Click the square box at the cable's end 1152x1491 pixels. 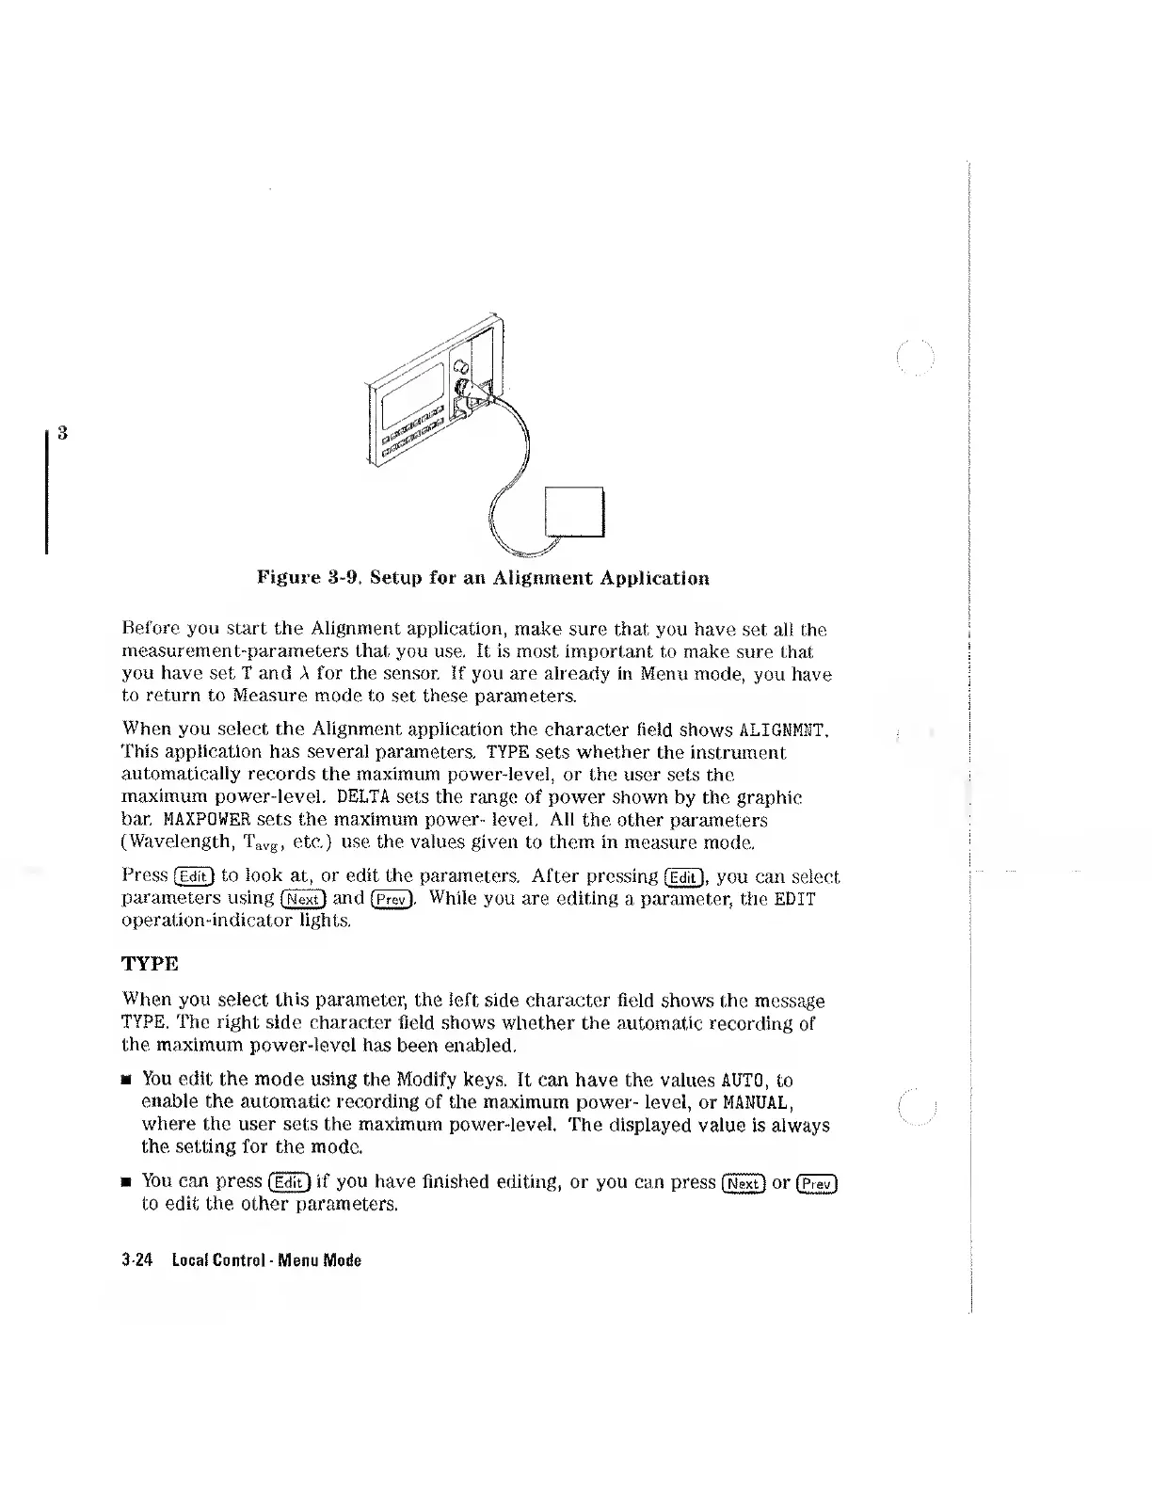pyautogui.click(x=574, y=512)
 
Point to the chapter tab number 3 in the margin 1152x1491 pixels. pyautogui.click(x=61, y=433)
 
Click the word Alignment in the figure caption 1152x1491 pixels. pyautogui.click(x=542, y=578)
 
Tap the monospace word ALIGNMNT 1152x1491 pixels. pyautogui.click(x=783, y=729)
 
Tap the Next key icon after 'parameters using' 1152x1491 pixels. pyautogui.click(x=303, y=899)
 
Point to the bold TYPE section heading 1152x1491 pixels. pyautogui.click(x=151, y=965)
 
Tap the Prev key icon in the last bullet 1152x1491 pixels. pyautogui.click(x=816, y=1183)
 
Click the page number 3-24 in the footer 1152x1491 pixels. pyautogui.click(x=139, y=1260)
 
